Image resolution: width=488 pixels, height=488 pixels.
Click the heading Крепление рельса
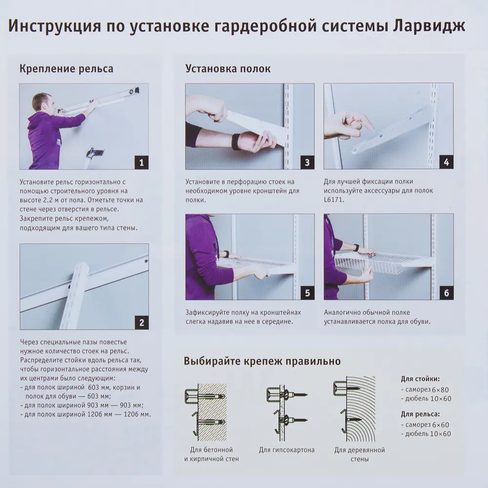66,68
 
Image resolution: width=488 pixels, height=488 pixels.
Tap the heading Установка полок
228,68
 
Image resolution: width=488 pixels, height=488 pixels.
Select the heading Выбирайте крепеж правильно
262,362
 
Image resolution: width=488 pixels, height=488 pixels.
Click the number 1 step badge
141,162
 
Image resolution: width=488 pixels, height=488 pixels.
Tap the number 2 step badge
141,322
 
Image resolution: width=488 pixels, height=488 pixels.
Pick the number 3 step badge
307,162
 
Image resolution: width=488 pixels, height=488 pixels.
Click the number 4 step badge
446,162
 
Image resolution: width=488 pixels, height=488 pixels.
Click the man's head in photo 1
41,102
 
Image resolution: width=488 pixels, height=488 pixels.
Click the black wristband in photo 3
236,141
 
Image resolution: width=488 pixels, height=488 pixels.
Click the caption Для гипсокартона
286,450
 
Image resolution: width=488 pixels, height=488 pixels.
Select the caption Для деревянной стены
360,454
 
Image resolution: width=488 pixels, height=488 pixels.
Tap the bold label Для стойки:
420,378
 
